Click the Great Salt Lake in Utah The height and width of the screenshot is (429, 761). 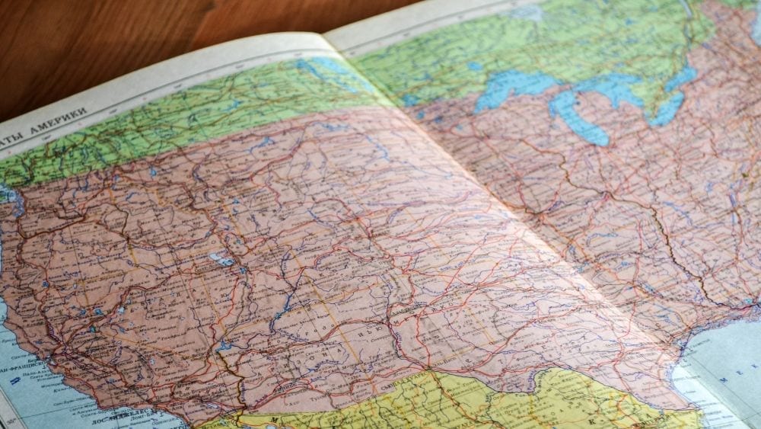pos(222,261)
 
